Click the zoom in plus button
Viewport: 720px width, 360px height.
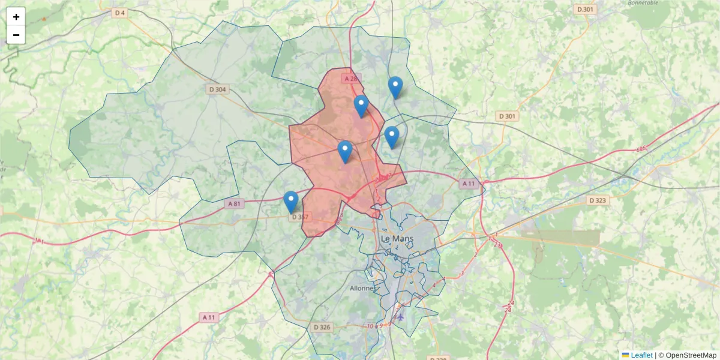coord(16,17)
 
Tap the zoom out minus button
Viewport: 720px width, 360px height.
coord(16,35)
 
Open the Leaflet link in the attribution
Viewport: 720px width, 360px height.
coord(641,355)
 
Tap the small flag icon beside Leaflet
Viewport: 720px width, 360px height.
coord(626,355)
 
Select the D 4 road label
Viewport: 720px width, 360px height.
coord(119,13)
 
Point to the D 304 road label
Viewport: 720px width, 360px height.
coord(218,89)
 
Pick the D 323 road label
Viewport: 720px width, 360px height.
coord(598,200)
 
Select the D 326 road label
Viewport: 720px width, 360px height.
coord(322,327)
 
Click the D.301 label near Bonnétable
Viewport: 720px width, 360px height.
coord(586,9)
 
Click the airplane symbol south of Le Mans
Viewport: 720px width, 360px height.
coord(401,316)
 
